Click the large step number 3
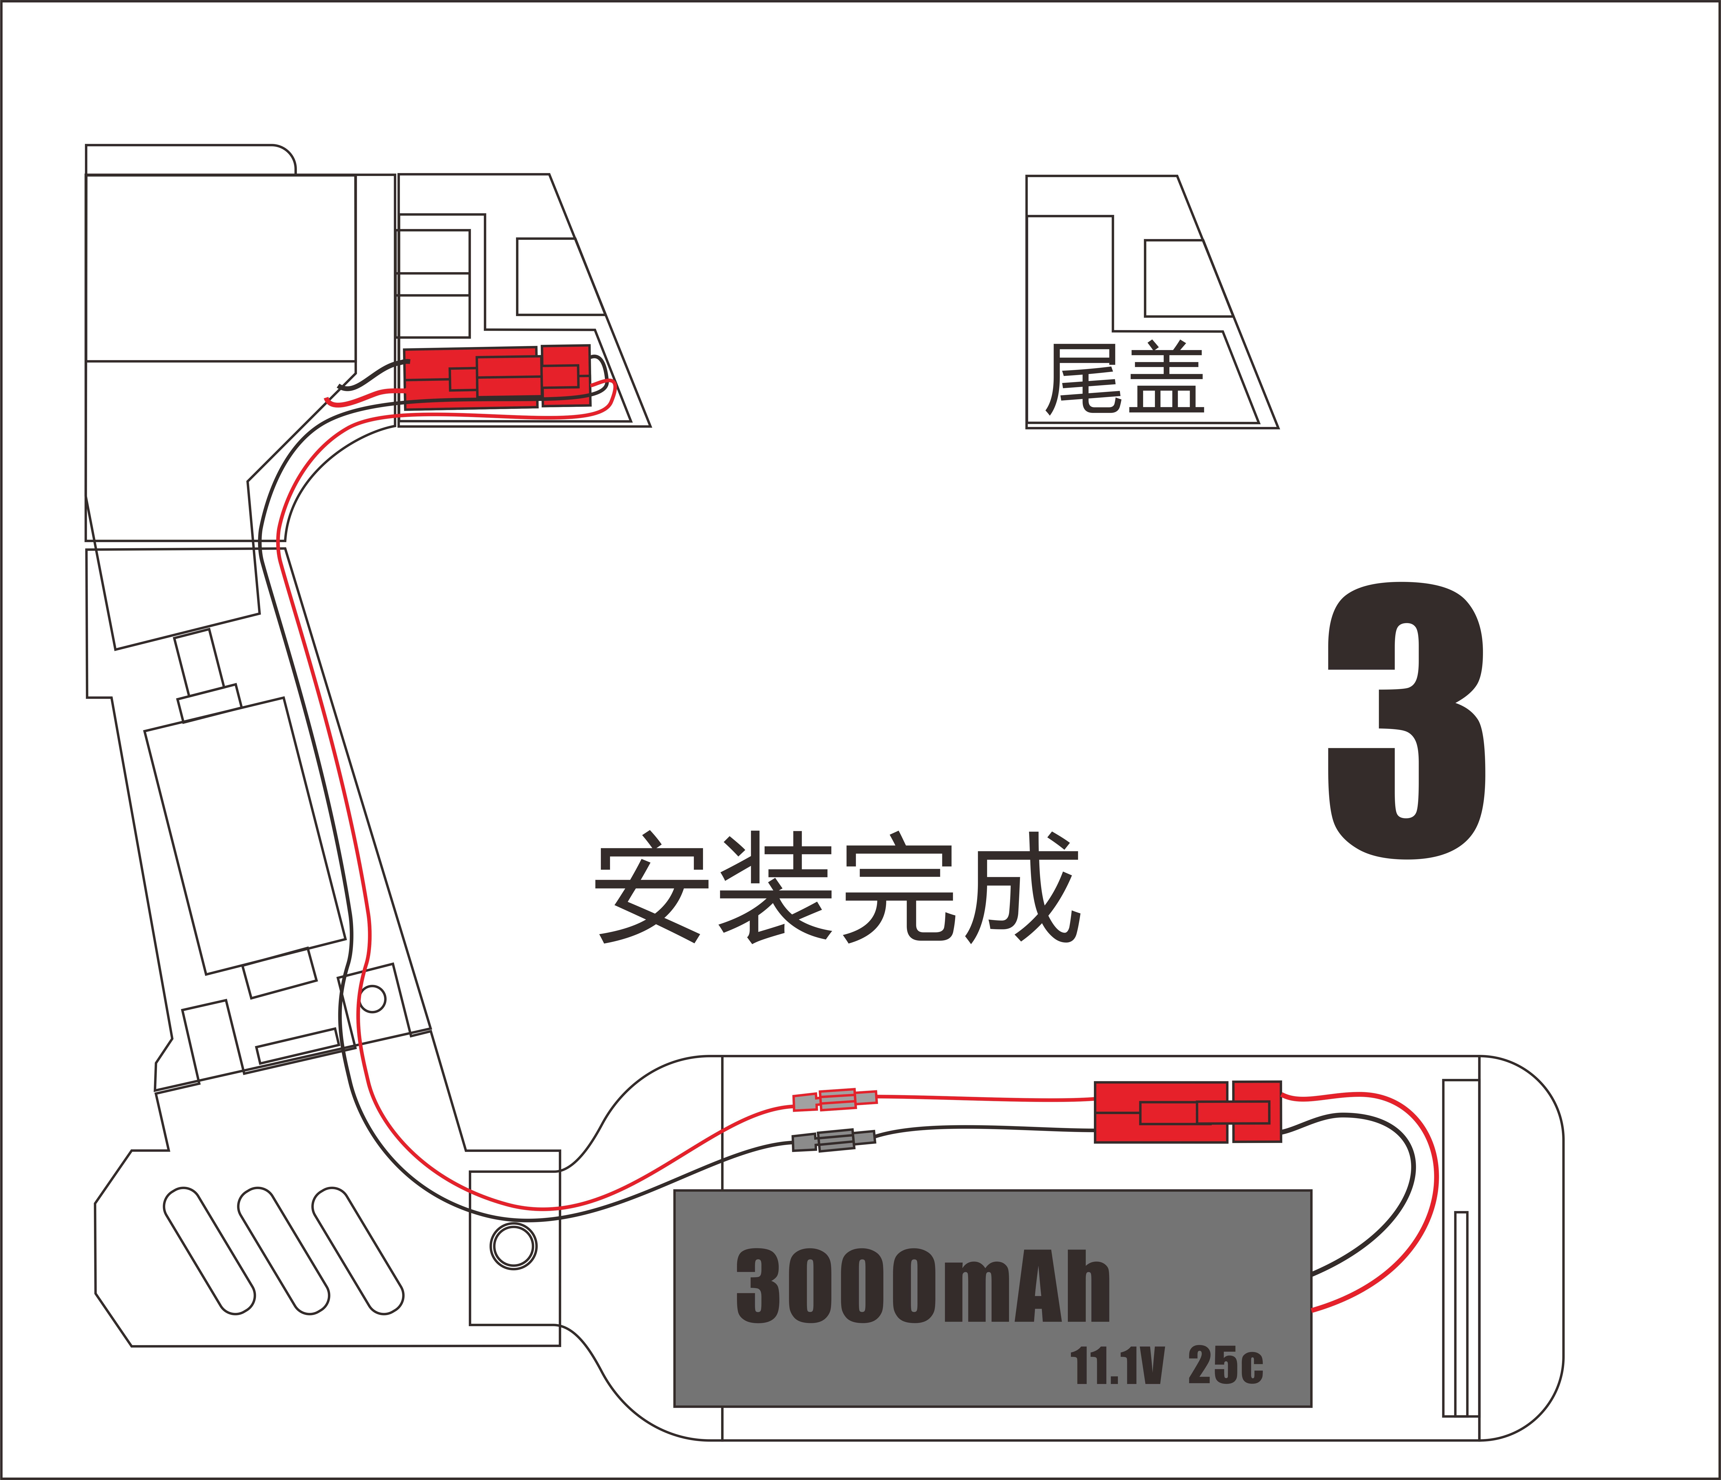[1406, 719]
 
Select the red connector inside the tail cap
[497, 376]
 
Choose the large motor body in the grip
[245, 835]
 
